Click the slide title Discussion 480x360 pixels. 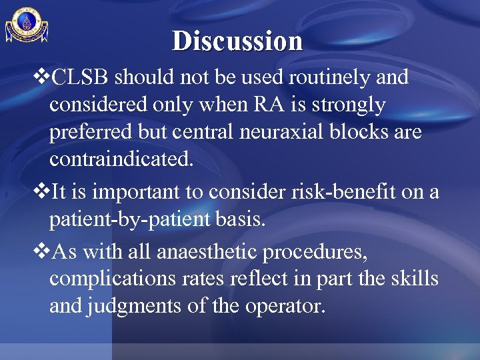point(237,41)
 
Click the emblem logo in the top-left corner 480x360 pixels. point(27,26)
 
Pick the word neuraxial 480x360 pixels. point(260,133)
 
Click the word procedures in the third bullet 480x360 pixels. point(319,252)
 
